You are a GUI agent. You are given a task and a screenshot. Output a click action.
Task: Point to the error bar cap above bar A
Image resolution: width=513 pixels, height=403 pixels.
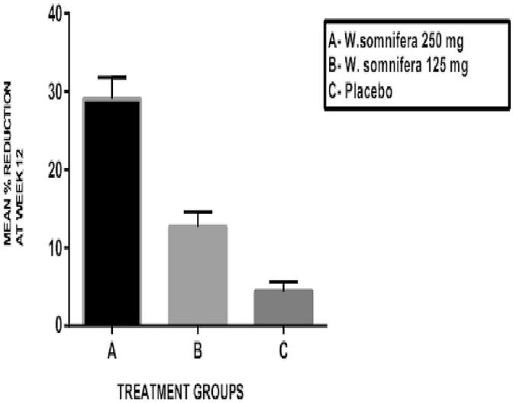coord(111,77)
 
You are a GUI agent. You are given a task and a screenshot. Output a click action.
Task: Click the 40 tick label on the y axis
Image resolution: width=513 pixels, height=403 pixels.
coord(51,14)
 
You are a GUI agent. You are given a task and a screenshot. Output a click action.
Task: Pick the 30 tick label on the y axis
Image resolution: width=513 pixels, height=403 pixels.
coord(51,92)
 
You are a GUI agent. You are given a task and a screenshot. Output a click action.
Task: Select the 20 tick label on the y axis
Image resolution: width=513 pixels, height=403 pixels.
coord(51,170)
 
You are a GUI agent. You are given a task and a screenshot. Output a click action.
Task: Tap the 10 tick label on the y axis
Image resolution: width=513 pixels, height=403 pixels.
coord(51,248)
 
